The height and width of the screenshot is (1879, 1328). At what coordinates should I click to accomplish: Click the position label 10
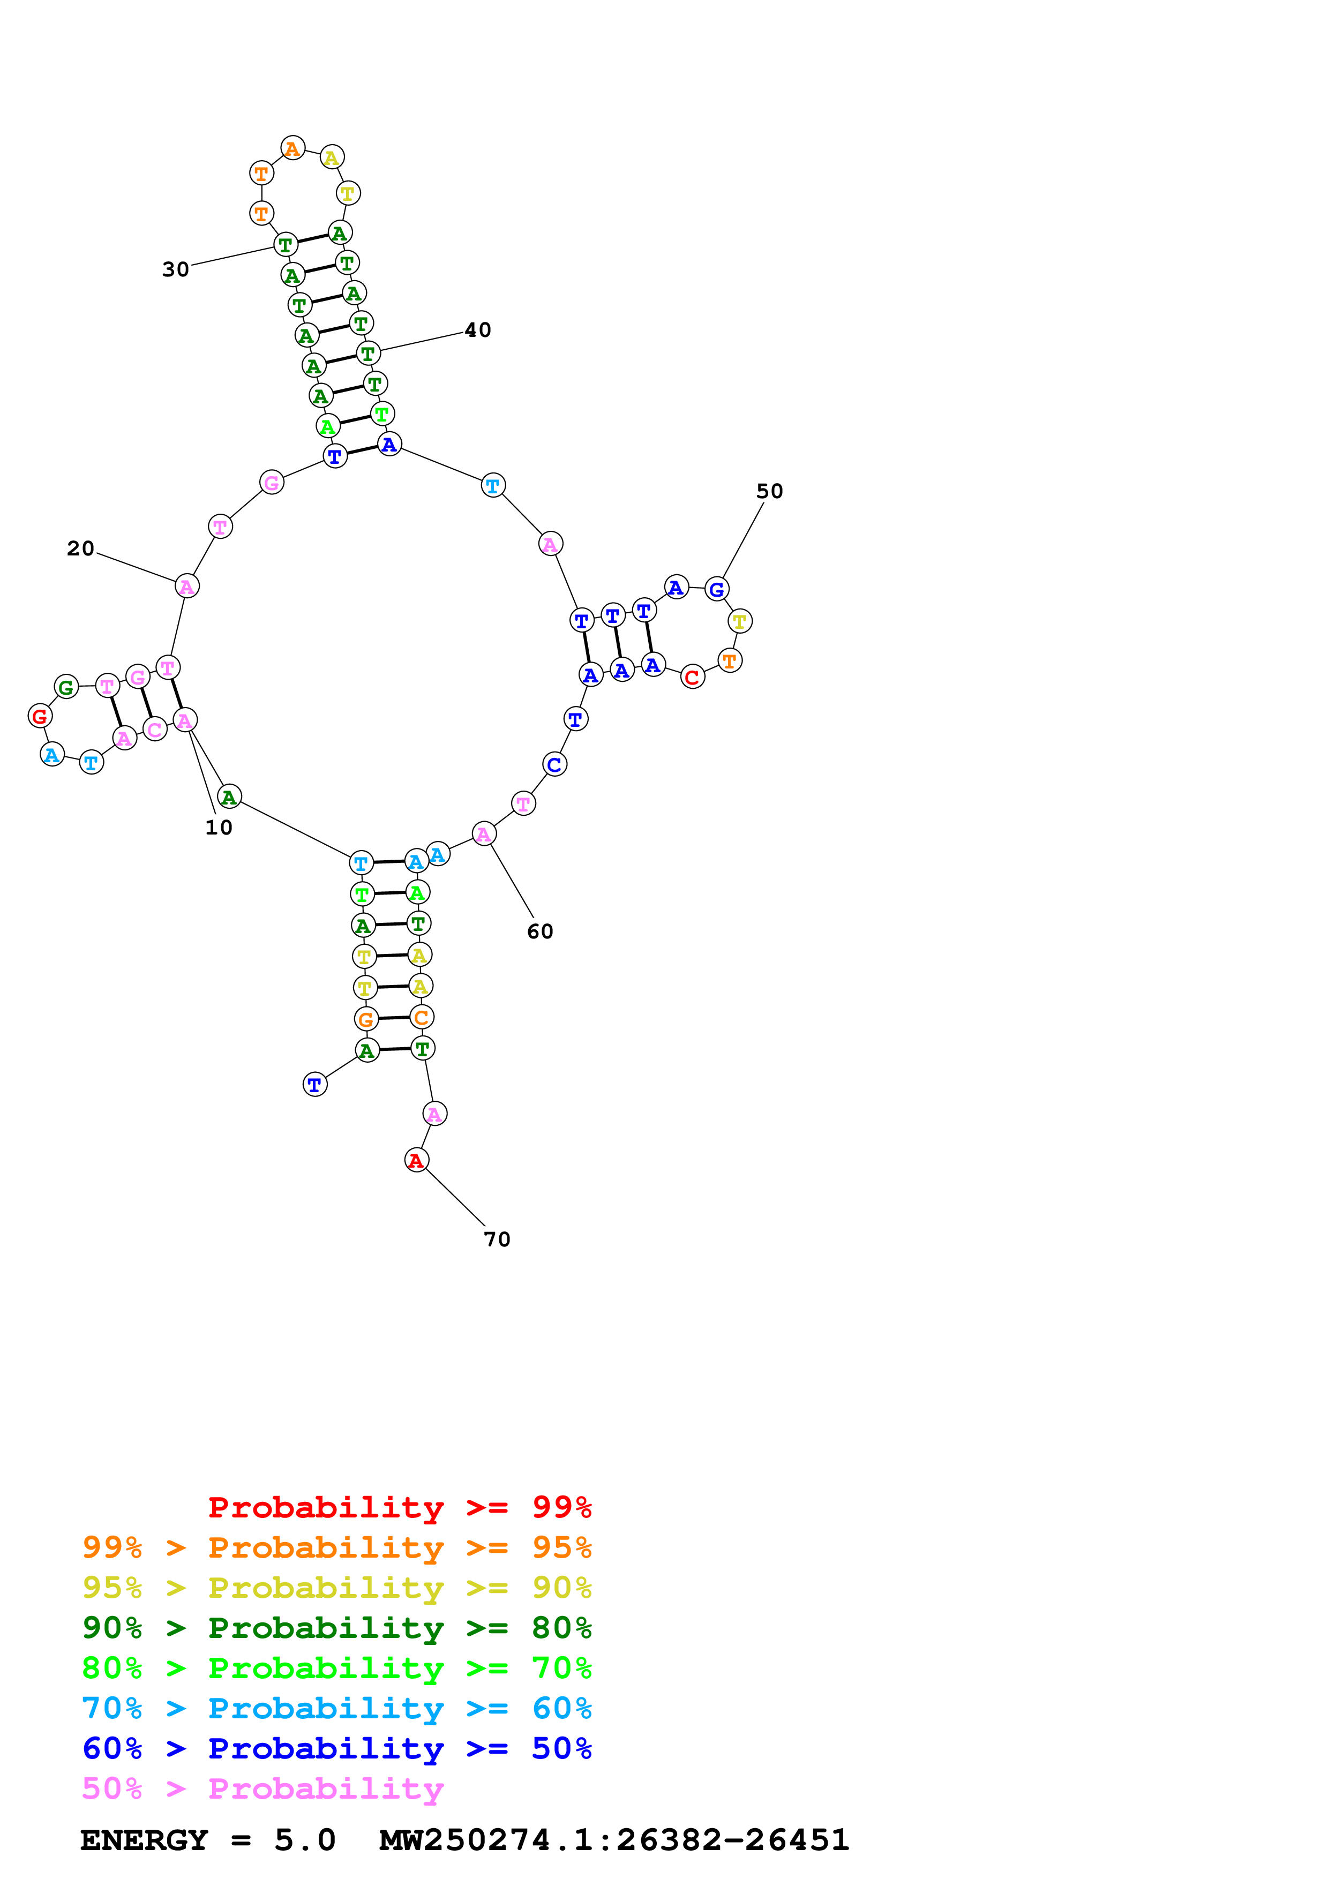[219, 828]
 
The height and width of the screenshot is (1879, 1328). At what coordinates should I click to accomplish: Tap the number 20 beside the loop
[80, 548]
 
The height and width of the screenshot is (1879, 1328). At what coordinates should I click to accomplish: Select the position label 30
[175, 269]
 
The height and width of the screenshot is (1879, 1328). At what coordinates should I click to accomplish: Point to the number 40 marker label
[478, 330]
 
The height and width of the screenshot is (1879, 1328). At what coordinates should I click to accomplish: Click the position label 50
[769, 491]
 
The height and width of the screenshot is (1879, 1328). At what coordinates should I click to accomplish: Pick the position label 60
[540, 931]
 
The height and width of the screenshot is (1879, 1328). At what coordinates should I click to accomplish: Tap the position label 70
[497, 1239]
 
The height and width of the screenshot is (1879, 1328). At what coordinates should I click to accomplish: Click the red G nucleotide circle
[39, 716]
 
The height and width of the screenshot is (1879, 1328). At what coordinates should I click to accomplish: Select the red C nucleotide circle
[692, 677]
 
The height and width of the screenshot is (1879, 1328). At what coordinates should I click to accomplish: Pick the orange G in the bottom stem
[366, 1019]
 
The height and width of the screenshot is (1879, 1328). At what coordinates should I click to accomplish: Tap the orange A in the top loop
[292, 148]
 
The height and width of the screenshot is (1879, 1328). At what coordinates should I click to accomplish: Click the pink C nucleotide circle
[155, 728]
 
